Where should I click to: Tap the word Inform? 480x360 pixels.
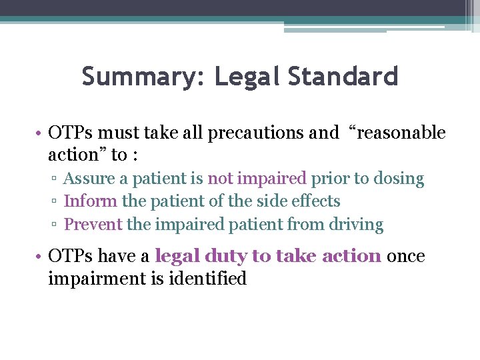tap(90, 201)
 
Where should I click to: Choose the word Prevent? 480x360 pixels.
tap(93, 225)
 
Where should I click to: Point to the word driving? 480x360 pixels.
tap(356, 225)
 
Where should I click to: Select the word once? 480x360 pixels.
tap(405, 256)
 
